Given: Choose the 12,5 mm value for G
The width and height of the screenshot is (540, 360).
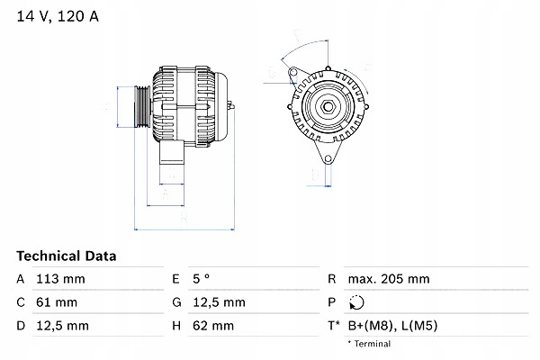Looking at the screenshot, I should click(x=220, y=302).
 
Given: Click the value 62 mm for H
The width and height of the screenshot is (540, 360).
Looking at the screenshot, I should click(x=214, y=326).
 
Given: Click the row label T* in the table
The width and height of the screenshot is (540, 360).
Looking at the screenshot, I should click(x=334, y=326).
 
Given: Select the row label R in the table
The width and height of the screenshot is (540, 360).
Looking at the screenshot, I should click(x=332, y=279).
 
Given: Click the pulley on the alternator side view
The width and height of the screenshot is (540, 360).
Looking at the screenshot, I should click(x=142, y=108).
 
